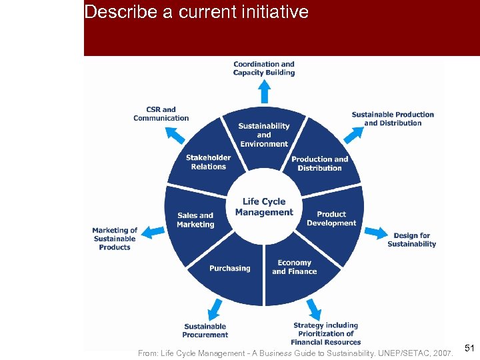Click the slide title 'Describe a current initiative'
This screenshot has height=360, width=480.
[x=197, y=12]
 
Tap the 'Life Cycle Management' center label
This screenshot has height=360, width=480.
[x=264, y=207]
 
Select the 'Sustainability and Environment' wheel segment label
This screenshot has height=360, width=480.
[x=264, y=135]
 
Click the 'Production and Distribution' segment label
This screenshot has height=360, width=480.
[x=319, y=163]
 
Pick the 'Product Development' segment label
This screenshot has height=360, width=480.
[x=331, y=219]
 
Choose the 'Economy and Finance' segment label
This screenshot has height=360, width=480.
[x=294, y=267]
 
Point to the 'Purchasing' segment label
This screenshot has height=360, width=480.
[x=230, y=268]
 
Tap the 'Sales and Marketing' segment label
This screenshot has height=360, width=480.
[x=195, y=220]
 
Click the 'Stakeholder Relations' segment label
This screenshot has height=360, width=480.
[x=208, y=162]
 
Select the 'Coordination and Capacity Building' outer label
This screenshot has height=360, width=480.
[x=264, y=68]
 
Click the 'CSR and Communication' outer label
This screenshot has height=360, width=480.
[x=161, y=114]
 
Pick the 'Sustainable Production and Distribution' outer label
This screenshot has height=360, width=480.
[x=393, y=119]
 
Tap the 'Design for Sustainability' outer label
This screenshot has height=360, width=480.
[x=411, y=239]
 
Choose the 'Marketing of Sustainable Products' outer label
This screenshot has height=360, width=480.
[x=115, y=239]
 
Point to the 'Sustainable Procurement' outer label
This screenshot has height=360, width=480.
[x=205, y=331]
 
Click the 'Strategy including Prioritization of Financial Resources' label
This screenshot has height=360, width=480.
[x=326, y=333]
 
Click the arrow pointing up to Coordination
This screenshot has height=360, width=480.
[x=264, y=91]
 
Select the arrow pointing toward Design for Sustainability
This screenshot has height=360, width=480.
[x=376, y=233]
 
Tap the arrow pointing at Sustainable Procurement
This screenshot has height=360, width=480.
[x=215, y=309]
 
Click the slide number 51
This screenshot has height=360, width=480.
[x=469, y=348]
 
